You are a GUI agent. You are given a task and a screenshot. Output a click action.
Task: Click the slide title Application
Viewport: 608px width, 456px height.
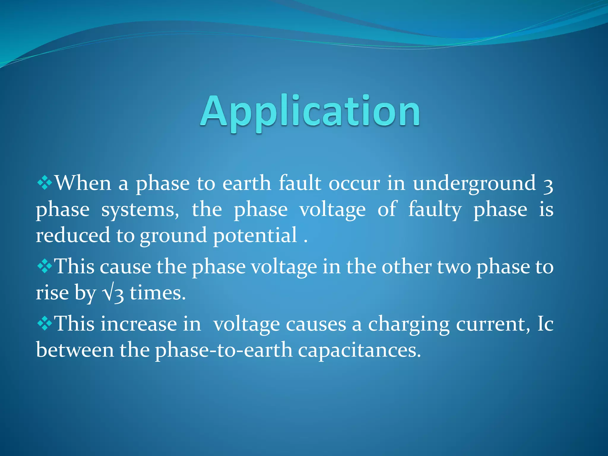(310, 112)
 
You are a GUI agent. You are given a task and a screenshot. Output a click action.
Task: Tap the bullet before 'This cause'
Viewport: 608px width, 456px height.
(45, 266)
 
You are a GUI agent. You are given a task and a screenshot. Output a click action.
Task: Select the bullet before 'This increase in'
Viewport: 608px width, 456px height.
(45, 323)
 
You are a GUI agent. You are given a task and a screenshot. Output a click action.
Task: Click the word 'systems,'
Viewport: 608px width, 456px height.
(140, 210)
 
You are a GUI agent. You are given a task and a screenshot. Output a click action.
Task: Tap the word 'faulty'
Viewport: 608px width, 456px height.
(435, 210)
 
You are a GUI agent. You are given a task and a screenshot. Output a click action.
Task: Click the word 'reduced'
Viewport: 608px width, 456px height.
(72, 235)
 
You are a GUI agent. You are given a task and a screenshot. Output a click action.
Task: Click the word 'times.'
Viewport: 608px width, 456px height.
(158, 293)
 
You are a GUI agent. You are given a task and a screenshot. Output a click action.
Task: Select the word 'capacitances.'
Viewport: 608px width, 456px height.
(359, 350)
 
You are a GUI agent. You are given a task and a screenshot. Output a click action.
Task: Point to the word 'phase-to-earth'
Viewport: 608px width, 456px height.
(224, 350)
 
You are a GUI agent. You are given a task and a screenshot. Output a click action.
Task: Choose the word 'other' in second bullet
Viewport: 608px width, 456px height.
(406, 267)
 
